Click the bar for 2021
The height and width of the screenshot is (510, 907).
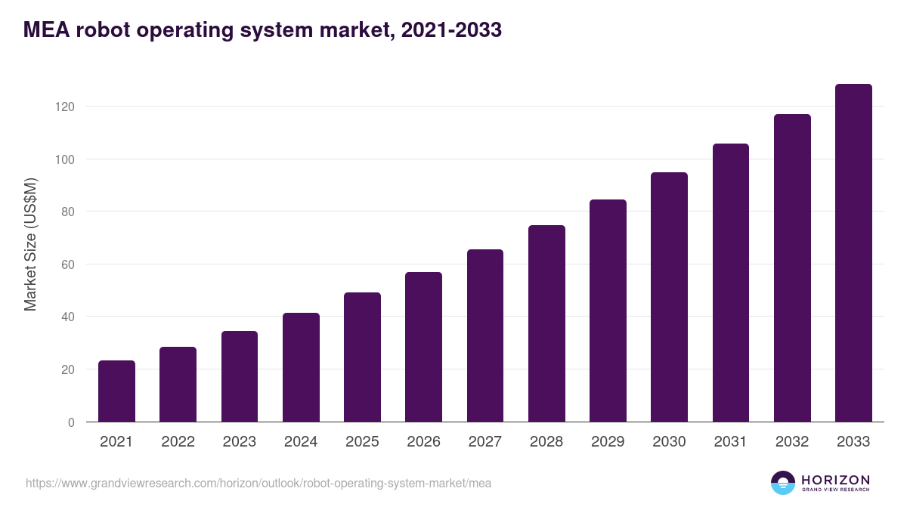click(x=116, y=391)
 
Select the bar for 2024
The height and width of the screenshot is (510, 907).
click(x=301, y=368)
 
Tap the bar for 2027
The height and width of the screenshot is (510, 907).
click(x=485, y=336)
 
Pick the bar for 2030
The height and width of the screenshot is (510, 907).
click(x=669, y=298)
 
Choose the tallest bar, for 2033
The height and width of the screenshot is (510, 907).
click(x=853, y=253)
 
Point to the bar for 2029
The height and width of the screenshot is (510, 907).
click(x=608, y=311)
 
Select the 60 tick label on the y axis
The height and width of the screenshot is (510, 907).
click(x=67, y=264)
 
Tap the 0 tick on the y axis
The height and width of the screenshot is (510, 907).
click(x=71, y=422)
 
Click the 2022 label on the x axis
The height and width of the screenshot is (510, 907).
click(x=178, y=442)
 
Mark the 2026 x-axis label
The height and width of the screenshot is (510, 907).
click(x=423, y=442)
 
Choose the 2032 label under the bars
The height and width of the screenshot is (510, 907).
click(x=792, y=442)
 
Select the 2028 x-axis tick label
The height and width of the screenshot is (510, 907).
click(x=546, y=442)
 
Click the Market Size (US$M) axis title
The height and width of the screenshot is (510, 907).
click(x=30, y=244)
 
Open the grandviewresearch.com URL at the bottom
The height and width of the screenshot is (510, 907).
click(x=258, y=483)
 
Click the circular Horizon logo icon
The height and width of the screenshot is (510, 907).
click(x=783, y=483)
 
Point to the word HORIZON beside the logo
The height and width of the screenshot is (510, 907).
click(x=835, y=479)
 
